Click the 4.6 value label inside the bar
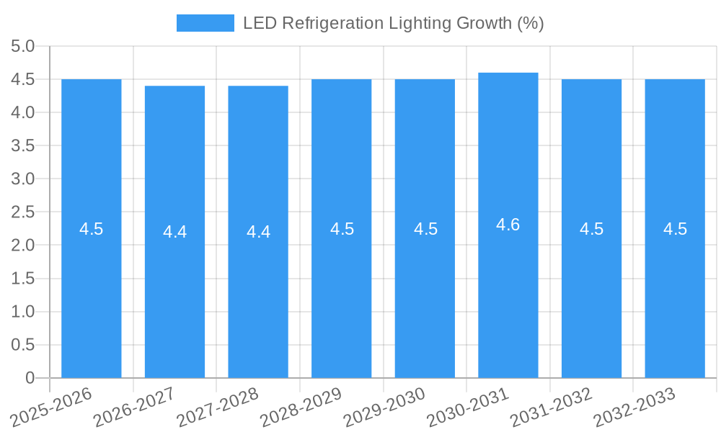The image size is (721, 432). coord(508,225)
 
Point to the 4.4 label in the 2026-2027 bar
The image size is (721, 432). coord(174,232)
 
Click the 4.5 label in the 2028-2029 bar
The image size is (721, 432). coord(342,229)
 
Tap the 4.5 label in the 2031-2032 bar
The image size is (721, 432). coord(592,229)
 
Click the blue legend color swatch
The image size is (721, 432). coord(205,23)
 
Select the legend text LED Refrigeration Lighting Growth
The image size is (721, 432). coord(393,23)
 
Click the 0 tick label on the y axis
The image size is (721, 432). coord(30,378)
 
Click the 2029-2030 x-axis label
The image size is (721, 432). coord(384,407)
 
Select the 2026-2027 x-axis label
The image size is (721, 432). coord(134,407)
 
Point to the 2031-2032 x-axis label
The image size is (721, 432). coord(551,407)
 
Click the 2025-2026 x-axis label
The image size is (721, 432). coord(51,407)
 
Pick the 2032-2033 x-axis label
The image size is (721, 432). coord(634,407)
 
